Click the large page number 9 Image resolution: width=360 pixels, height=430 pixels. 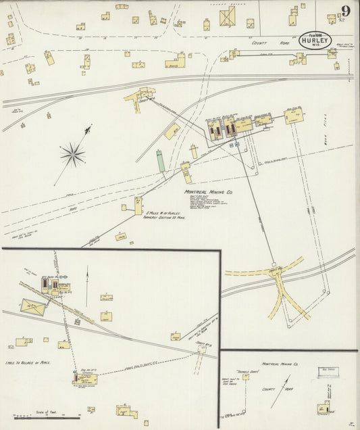pyautogui.click(x=345, y=11)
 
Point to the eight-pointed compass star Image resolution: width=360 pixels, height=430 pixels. pyautogui.click(x=72, y=156)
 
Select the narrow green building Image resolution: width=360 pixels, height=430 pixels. pyautogui.click(x=161, y=161)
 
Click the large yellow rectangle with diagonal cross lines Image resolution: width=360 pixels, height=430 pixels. pyautogui.click(x=33, y=307)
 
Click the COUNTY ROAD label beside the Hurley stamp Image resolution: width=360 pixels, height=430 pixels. pyautogui.click(x=260, y=43)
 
